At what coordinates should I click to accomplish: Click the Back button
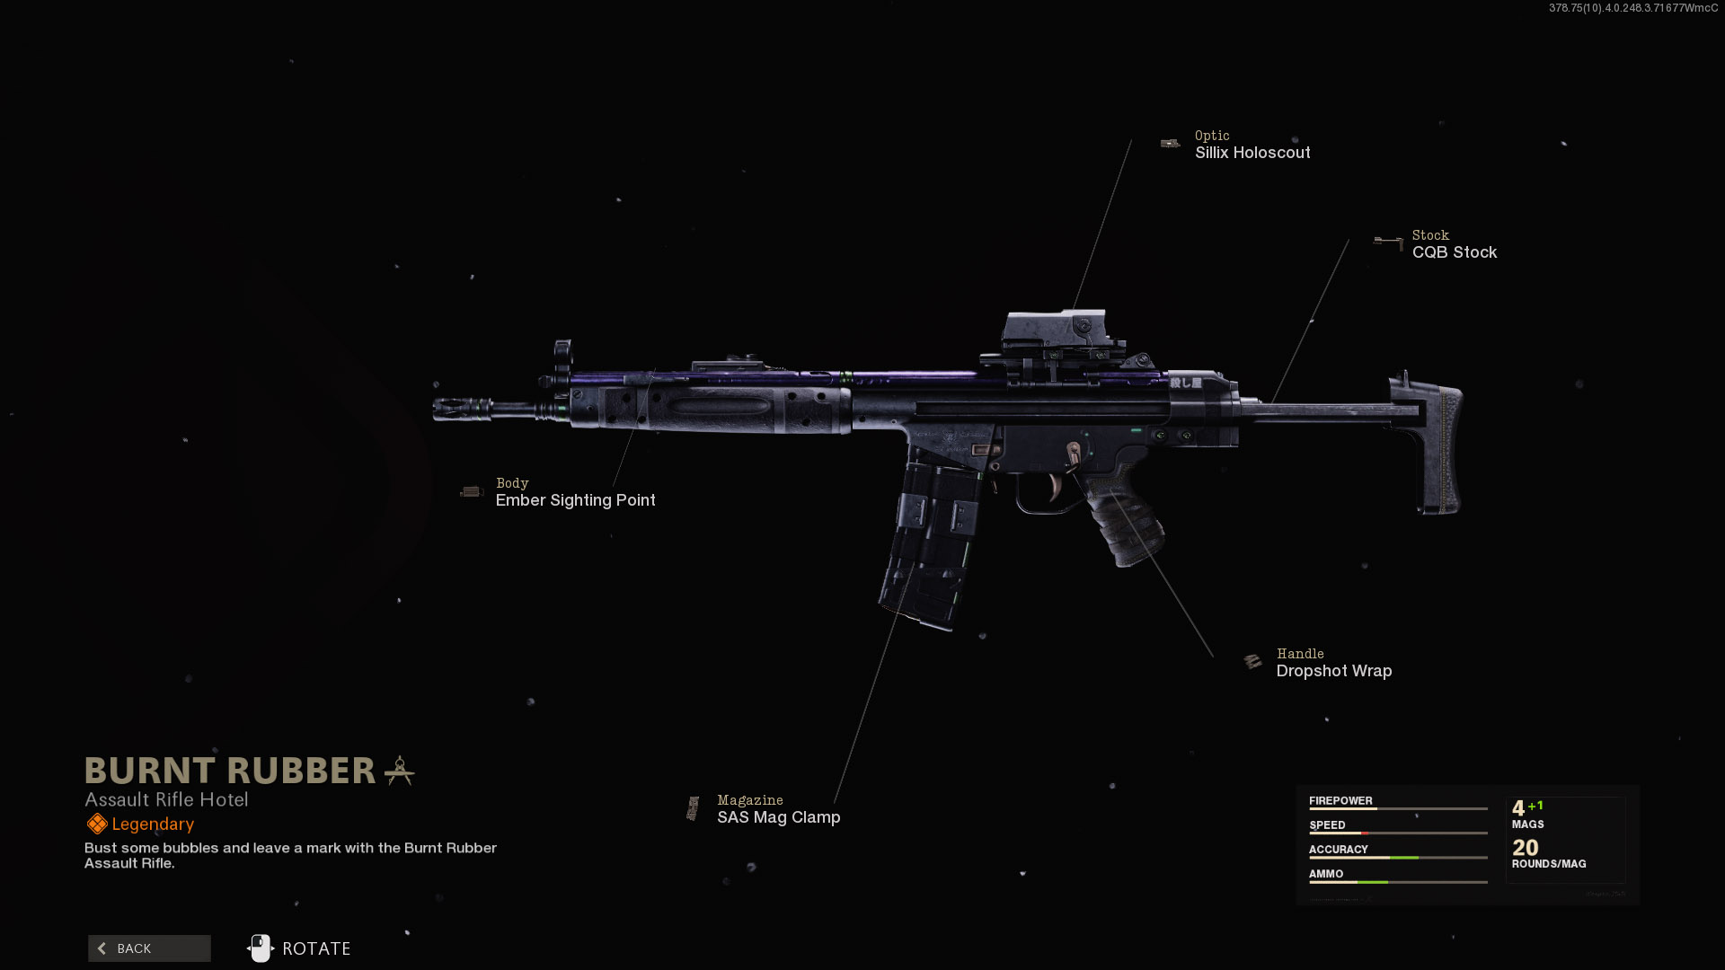(149, 948)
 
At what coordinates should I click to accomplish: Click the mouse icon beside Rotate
(261, 948)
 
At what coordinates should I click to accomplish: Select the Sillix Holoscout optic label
(1252, 153)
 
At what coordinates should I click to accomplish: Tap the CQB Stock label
(1454, 252)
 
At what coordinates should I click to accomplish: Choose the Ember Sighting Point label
(575, 500)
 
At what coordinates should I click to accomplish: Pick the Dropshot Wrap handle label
(1333, 671)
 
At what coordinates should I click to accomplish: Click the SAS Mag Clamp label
(778, 817)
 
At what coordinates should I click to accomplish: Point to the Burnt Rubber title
(230, 771)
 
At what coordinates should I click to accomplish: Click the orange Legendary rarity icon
(97, 824)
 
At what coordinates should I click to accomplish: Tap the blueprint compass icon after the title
(400, 771)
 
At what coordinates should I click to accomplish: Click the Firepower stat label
(1340, 800)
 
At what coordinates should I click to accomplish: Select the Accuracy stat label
(1338, 849)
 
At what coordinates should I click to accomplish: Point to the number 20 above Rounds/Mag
(1525, 847)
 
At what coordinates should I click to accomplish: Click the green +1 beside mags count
(1535, 806)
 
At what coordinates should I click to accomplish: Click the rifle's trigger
(1054, 488)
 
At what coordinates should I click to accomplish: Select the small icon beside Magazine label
(693, 808)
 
